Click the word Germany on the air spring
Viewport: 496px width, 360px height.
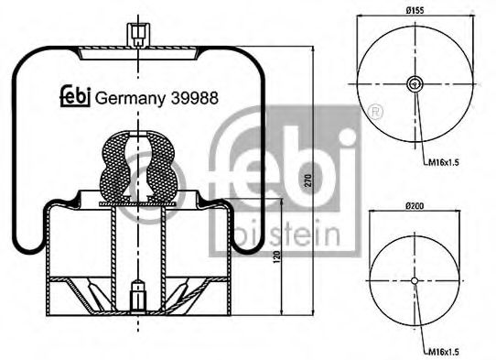tap(128, 98)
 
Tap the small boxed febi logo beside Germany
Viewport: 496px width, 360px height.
tap(75, 97)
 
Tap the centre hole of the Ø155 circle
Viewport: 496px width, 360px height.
tap(414, 85)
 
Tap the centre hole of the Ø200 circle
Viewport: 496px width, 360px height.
tap(414, 280)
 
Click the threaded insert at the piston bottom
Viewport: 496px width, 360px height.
tap(138, 294)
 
